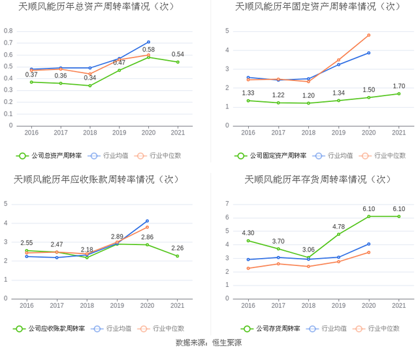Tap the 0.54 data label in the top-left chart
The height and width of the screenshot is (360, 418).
tap(177, 54)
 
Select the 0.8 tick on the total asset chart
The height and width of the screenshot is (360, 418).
tap(8, 31)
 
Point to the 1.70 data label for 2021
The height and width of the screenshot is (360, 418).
tap(399, 86)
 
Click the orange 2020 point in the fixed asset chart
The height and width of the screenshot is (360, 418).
tap(368, 35)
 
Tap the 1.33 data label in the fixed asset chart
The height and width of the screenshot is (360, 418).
tap(248, 93)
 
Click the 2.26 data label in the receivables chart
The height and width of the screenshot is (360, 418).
tap(177, 248)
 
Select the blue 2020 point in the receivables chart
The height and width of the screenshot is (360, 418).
tap(147, 221)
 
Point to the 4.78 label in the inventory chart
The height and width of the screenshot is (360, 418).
tap(338, 226)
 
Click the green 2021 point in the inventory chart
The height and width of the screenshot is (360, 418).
tap(399, 216)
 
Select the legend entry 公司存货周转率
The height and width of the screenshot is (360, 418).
tap(273, 329)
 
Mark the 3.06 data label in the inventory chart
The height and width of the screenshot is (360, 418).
tap(308, 249)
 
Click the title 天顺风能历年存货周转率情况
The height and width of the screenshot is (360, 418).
tap(317, 180)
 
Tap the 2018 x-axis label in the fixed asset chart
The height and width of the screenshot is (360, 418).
tap(308, 133)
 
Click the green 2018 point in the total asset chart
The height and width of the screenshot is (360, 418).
tap(89, 86)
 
